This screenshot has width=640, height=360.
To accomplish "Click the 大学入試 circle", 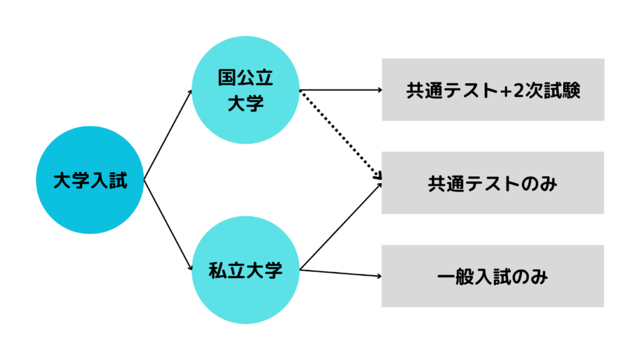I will point(90,180).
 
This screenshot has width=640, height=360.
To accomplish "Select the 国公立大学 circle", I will point(246,90).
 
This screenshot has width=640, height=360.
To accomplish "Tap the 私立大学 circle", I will point(246,270).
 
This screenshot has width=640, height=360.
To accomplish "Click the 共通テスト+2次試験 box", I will point(493,90).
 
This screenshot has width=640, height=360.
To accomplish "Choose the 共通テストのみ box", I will point(493,183).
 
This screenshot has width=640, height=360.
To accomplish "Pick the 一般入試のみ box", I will point(493,276).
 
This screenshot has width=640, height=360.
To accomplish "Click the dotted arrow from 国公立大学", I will point(341,135).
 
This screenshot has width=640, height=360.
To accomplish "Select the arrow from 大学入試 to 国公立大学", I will point(167,135).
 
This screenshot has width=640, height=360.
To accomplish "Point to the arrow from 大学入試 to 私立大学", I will point(167,225).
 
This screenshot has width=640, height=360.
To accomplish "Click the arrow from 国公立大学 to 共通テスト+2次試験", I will point(341,90).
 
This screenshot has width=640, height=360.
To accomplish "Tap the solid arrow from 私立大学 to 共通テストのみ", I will point(341,226).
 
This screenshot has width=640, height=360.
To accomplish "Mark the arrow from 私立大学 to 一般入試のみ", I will point(341,273).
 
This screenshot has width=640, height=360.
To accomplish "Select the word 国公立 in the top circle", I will point(246,78).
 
